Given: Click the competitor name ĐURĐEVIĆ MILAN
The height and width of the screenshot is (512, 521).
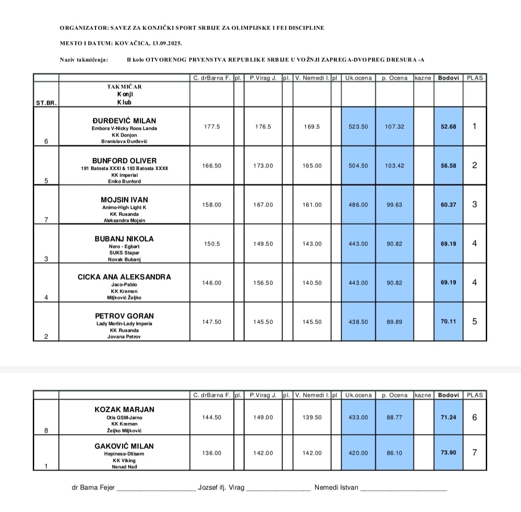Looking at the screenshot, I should [124, 121].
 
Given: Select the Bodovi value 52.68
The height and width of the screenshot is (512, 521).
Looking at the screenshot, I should [448, 127].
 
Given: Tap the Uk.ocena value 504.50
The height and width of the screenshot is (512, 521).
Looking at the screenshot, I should [358, 166].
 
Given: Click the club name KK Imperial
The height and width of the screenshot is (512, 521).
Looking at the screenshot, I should [124, 175].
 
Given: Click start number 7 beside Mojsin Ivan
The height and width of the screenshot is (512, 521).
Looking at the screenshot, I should [46, 220].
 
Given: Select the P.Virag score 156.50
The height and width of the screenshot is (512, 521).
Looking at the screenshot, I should [263, 283].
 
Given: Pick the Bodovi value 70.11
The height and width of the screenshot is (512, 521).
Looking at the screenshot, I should [448, 322].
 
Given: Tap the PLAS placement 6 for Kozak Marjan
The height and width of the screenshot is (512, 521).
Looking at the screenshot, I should [474, 418].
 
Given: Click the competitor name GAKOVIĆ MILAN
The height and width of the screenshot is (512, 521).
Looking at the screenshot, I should [124, 446].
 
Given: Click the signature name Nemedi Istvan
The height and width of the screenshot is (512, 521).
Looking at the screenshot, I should [336, 487].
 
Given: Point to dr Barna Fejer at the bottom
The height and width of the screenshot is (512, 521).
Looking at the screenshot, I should [93, 487].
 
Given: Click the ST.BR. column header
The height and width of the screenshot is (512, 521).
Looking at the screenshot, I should [46, 103].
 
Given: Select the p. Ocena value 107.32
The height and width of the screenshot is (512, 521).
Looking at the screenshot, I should [394, 127].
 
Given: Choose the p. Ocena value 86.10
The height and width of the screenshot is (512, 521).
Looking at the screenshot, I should [394, 453].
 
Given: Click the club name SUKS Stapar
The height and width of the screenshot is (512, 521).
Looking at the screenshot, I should [124, 253].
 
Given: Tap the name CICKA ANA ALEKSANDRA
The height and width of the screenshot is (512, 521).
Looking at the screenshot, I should [124, 277].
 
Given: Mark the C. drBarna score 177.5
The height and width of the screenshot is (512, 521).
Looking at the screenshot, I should [212, 127].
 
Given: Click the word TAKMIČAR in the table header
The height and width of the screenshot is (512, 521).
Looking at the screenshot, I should [124, 87].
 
